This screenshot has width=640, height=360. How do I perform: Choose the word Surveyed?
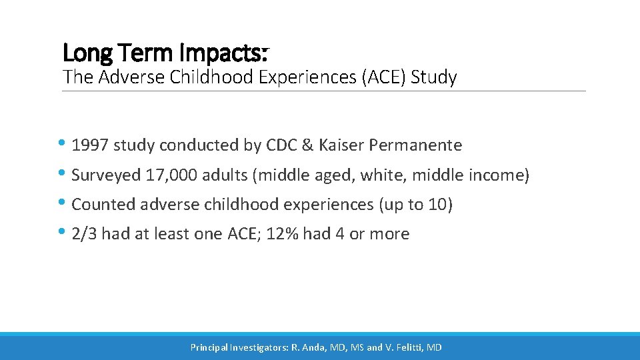(x=103, y=175)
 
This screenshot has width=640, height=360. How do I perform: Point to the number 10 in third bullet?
(x=437, y=205)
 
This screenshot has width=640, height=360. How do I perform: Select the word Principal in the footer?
(x=208, y=347)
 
